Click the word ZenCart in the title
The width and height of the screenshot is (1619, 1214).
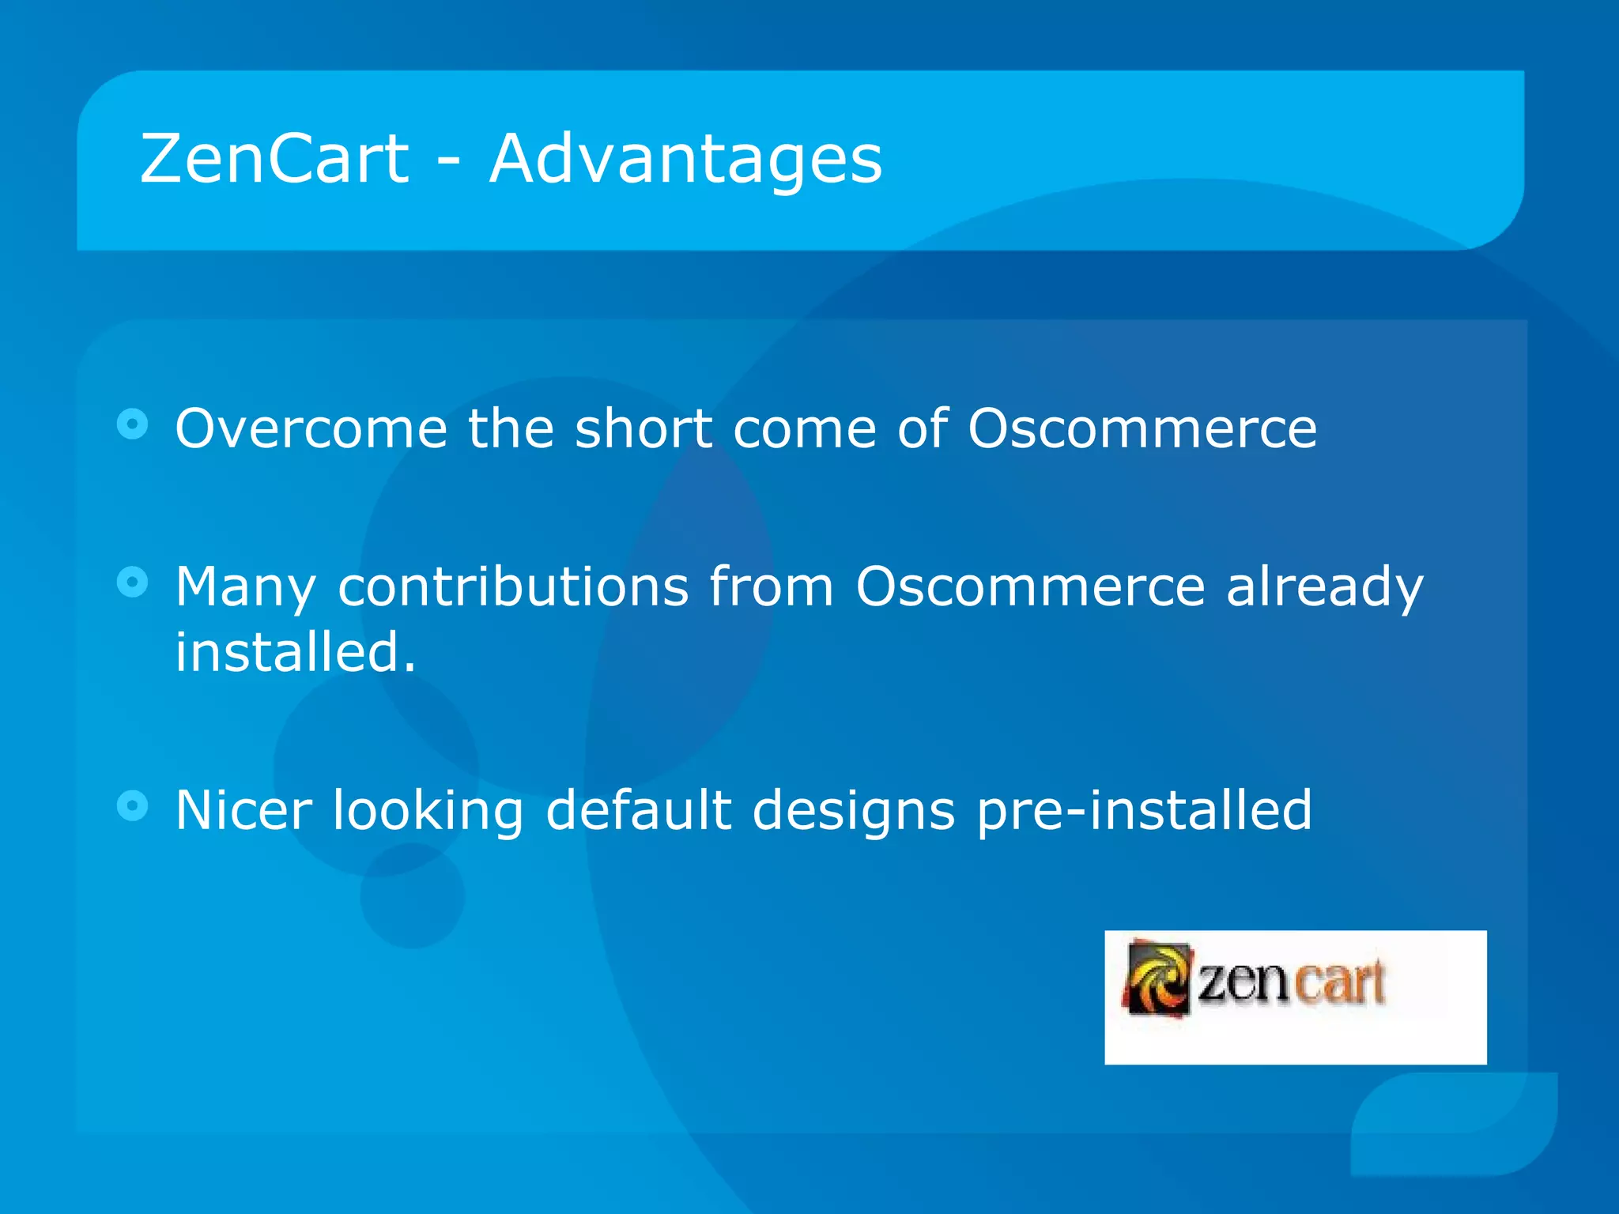tap(274, 159)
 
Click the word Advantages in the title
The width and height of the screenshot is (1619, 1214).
tap(685, 160)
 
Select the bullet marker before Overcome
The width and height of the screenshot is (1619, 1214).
tap(133, 424)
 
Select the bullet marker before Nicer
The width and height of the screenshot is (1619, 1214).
tap(133, 806)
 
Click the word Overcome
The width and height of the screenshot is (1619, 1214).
tap(311, 428)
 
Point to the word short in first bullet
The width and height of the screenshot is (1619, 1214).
tap(643, 428)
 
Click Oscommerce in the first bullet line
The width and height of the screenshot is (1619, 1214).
tap(1142, 428)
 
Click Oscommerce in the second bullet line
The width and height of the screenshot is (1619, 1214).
tap(1030, 587)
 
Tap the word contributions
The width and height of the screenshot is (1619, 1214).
tap(513, 587)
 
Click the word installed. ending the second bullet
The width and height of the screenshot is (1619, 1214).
tap(295, 653)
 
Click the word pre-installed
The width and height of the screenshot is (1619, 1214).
tap(1144, 812)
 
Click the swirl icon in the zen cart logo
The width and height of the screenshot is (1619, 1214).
tap(1157, 978)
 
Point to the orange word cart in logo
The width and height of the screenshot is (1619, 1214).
tap(1339, 982)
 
